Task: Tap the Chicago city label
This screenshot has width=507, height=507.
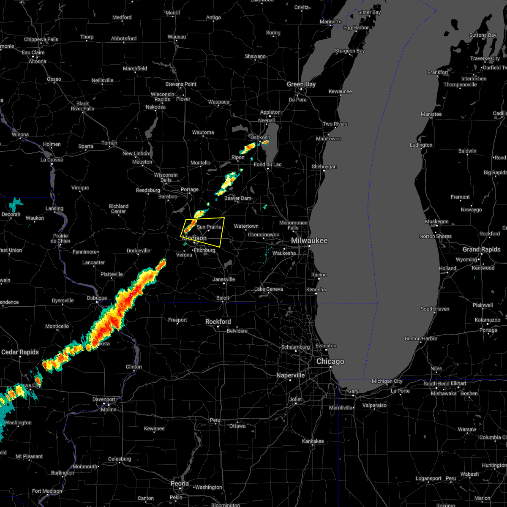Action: [x=330, y=362]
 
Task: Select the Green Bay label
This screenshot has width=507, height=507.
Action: [x=301, y=84]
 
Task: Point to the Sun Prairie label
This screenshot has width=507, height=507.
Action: [x=209, y=227]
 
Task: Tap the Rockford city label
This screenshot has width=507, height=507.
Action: [x=218, y=322]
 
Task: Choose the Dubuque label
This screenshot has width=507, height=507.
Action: [x=97, y=298]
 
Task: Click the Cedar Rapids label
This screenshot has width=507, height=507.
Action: [x=20, y=352]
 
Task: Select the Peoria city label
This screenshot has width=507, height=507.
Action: [x=180, y=483]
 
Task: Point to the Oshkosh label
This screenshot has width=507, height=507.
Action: [x=260, y=137]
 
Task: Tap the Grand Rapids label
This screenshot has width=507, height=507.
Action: [x=481, y=249]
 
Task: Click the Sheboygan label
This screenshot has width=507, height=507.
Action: [x=324, y=166]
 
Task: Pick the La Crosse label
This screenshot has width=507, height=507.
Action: [x=52, y=160]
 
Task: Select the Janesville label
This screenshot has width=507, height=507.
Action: [x=224, y=279]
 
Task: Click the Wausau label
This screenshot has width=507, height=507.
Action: [x=177, y=37]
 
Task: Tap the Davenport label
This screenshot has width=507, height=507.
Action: [x=104, y=399]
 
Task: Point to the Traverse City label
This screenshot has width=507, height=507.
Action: [x=485, y=58]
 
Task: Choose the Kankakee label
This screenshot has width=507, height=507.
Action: [x=313, y=441]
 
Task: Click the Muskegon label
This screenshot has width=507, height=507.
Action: [x=437, y=221]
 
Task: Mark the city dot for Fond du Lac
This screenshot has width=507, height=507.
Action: [x=267, y=169]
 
